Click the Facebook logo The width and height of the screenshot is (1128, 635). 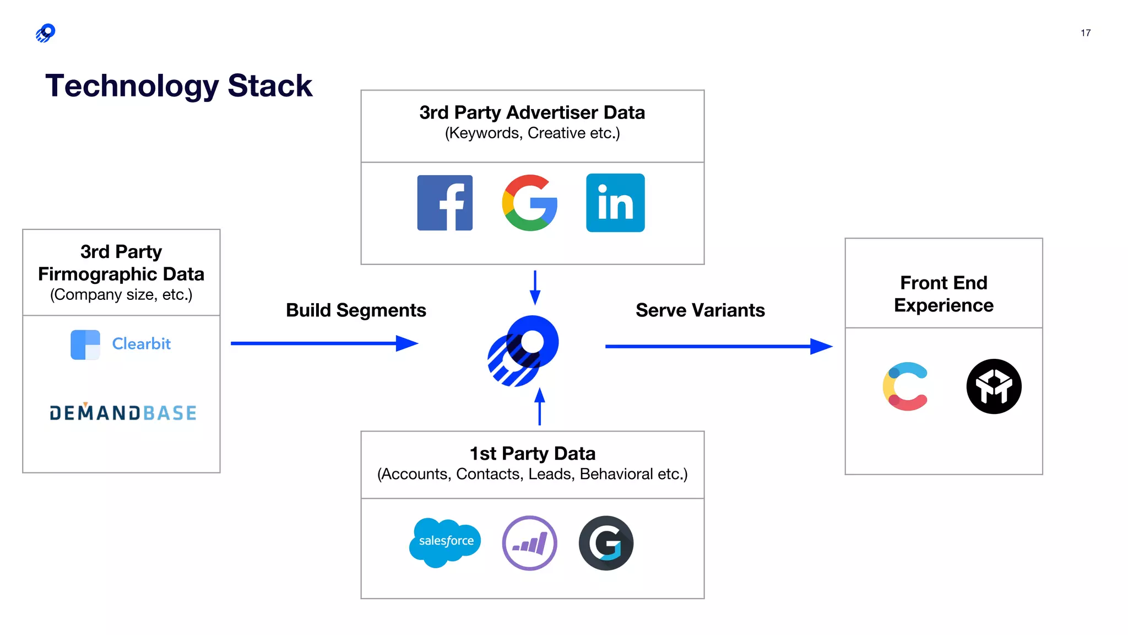point(444,203)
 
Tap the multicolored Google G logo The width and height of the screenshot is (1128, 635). point(529,203)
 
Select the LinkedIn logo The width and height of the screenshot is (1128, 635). point(615,203)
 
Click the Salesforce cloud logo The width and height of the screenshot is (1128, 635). point(445,542)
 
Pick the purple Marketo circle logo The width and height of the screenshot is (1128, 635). point(529,543)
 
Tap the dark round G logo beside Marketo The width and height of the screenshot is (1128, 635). point(606,543)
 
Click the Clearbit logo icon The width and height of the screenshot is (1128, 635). point(85,345)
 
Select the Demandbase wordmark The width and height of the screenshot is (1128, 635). point(123,413)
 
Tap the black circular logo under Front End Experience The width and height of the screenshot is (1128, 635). point(994,386)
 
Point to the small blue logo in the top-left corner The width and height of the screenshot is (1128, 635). point(46,33)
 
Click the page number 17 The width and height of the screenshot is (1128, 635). point(1085,33)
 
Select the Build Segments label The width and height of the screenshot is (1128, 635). point(356,310)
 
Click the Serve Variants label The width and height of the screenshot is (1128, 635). point(700,310)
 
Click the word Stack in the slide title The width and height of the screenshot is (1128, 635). point(269,86)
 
